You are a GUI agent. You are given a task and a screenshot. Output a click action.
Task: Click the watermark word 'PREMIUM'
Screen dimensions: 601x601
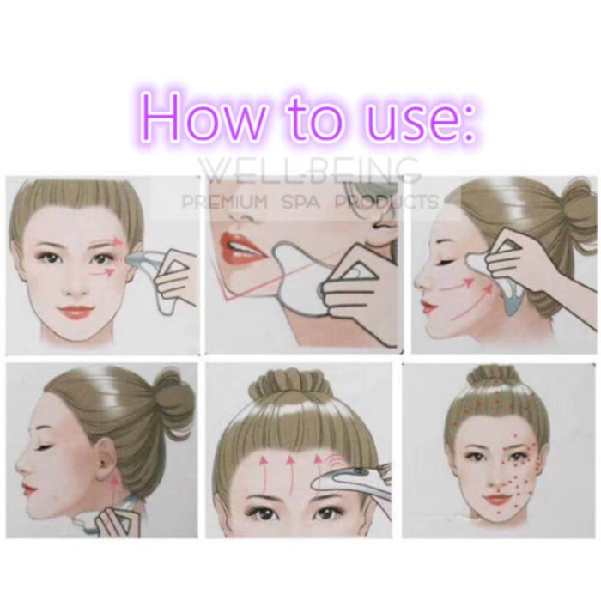(225, 202)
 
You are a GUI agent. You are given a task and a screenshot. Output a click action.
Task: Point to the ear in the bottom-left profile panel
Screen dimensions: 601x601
(106, 458)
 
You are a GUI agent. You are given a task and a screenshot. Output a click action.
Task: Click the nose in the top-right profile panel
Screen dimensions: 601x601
(421, 279)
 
